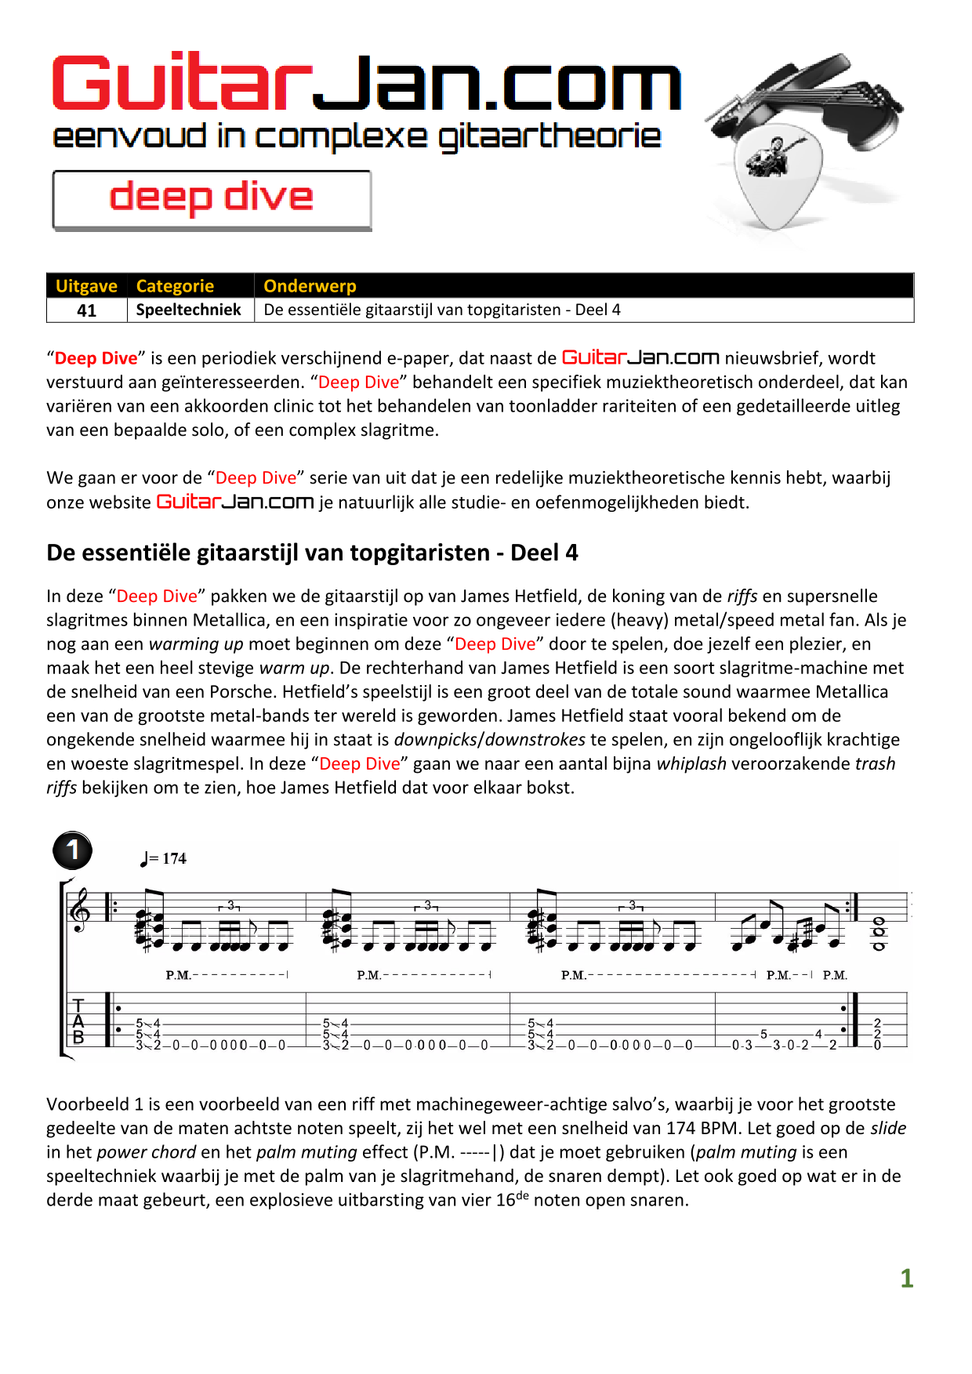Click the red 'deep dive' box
coord(212,199)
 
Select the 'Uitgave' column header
coord(86,286)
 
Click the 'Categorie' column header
coord(175,286)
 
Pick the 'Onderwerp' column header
coord(310,286)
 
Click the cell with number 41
coord(86,310)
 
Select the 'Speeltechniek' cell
coord(189,310)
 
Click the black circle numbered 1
coord(73,850)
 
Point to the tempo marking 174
coord(173,858)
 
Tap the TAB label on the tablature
coord(78,1021)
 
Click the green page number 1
coord(907,1278)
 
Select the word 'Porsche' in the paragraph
coord(240,692)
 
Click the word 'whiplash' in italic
coord(691,764)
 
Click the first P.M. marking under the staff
coord(178,975)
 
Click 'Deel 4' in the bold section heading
coord(544,553)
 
